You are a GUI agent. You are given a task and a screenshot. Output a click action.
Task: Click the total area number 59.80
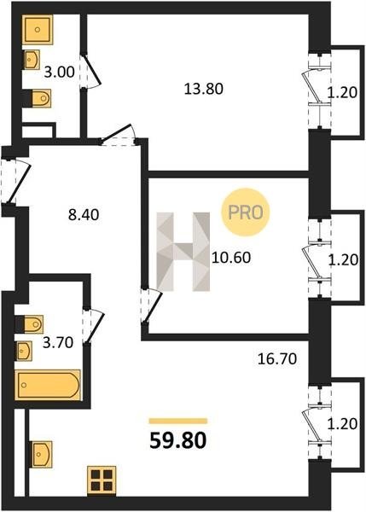(178, 440)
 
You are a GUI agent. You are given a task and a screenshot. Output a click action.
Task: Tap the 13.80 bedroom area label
(204, 89)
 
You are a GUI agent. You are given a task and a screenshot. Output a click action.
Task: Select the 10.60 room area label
(231, 258)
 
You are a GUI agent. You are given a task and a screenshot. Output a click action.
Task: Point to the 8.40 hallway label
(84, 215)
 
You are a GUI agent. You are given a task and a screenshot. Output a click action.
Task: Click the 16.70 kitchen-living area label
(277, 359)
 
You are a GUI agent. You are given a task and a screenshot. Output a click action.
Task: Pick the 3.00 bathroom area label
(60, 72)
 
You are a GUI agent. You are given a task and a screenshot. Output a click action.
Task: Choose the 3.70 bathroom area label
(58, 343)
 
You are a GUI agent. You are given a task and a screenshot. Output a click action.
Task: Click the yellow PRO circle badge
(246, 212)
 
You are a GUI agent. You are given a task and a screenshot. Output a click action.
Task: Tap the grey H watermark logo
(183, 252)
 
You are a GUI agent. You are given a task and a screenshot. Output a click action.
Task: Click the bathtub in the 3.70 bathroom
(48, 385)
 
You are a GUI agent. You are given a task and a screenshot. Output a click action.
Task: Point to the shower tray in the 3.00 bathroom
(38, 29)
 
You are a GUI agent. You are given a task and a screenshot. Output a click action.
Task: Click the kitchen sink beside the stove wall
(42, 454)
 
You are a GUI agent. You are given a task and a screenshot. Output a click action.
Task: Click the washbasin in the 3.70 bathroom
(24, 351)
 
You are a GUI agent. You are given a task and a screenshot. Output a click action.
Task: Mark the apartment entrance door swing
(17, 182)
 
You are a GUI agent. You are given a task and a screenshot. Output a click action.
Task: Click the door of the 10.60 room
(153, 306)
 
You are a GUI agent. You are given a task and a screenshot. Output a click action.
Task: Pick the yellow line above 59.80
(178, 421)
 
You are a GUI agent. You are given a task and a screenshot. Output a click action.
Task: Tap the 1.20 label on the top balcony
(342, 93)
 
